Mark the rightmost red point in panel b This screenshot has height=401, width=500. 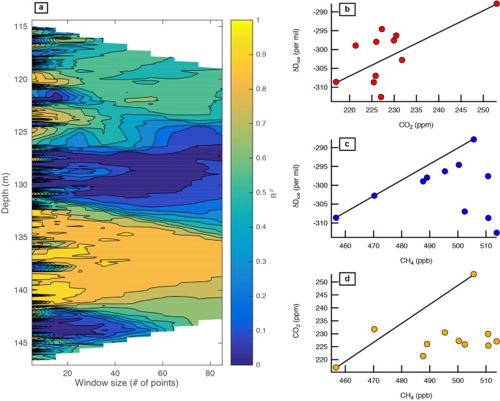point(496,4)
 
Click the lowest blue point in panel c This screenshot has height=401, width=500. point(496,233)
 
